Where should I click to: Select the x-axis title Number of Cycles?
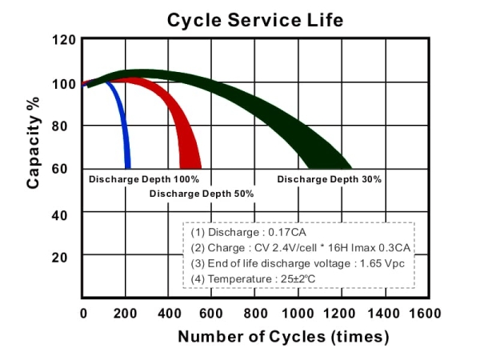pos(283,336)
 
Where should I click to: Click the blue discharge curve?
pos(122,120)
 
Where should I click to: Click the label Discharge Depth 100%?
pos(144,179)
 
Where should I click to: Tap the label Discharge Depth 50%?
pos(202,194)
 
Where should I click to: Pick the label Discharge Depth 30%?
pos(330,179)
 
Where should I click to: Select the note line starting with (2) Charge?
pos(301,247)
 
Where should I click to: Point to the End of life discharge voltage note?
pos(296,262)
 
